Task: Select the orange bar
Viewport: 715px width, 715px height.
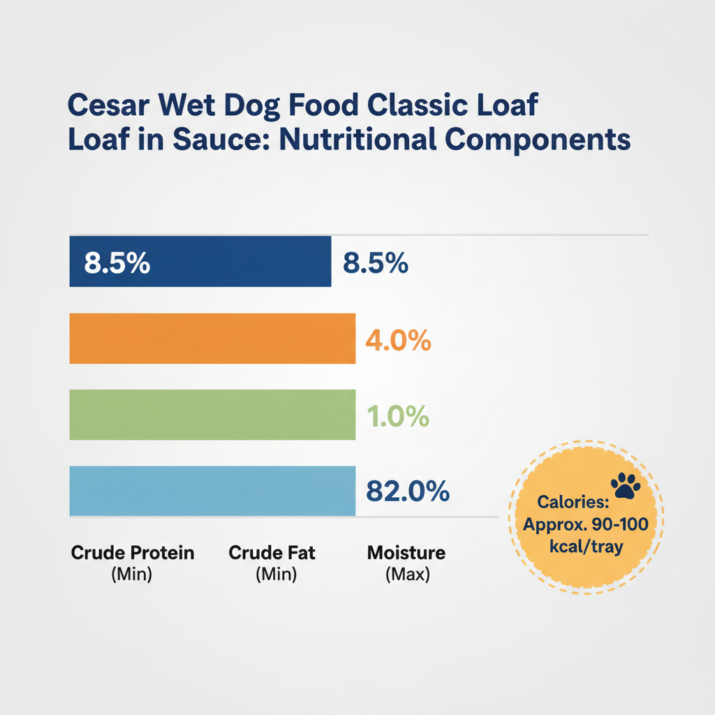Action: pyautogui.click(x=212, y=339)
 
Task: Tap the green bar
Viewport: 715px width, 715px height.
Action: pyautogui.click(x=212, y=415)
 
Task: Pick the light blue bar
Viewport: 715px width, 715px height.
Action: pyautogui.click(x=212, y=491)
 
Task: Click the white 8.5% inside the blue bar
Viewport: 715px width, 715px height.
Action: pyautogui.click(x=117, y=263)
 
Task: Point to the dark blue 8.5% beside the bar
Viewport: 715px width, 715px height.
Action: pyautogui.click(x=375, y=263)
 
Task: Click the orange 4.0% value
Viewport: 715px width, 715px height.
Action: pyautogui.click(x=398, y=341)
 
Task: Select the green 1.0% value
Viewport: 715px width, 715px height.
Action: pyautogui.click(x=397, y=417)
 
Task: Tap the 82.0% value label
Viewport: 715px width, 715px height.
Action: pyautogui.click(x=407, y=492)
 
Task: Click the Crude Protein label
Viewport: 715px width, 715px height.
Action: pyautogui.click(x=133, y=554)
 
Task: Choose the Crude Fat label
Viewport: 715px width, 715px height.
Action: pyautogui.click(x=272, y=554)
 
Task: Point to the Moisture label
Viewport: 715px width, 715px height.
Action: pyautogui.click(x=406, y=554)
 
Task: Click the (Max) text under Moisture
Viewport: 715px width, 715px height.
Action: pyautogui.click(x=407, y=576)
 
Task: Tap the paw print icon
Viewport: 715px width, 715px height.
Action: pyautogui.click(x=626, y=484)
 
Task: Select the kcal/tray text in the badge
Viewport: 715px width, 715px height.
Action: pyautogui.click(x=587, y=547)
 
